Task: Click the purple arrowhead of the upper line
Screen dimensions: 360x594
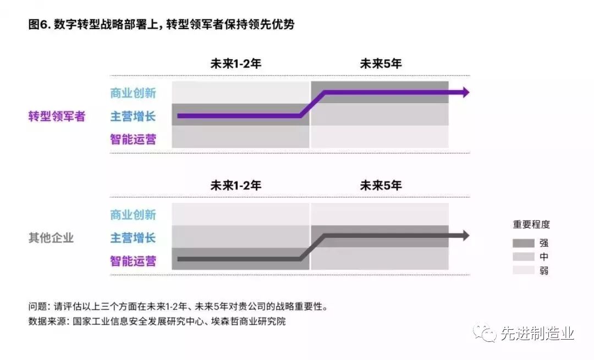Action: [465, 92]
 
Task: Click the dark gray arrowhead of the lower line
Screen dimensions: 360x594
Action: [465, 236]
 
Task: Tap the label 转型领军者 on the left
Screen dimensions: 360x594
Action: [57, 116]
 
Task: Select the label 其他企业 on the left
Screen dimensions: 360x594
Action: [51, 238]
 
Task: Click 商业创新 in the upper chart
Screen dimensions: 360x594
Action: [133, 93]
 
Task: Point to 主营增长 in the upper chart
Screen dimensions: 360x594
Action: [133, 116]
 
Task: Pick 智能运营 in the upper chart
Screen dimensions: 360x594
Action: [133, 139]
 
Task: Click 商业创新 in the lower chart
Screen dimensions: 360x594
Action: [133, 214]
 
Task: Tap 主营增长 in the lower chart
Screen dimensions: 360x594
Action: [133, 238]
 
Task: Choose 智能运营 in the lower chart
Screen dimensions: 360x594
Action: [133, 261]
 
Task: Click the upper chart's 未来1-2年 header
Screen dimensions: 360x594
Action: [235, 63]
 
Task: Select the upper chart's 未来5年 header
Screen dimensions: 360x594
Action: [381, 63]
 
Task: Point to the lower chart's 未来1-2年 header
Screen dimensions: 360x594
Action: [235, 185]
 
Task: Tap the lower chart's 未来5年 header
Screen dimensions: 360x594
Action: [381, 185]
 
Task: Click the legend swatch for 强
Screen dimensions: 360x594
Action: [523, 243]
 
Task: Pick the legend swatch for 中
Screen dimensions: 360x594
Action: [523, 257]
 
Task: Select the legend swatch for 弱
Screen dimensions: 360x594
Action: [523, 270]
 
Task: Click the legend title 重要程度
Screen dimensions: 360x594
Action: [531, 224]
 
